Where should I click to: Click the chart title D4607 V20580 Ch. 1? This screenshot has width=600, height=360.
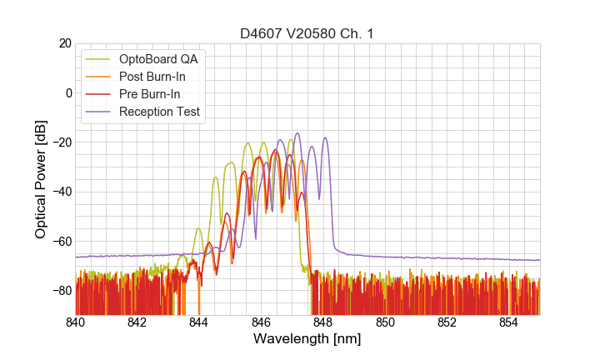[307, 34]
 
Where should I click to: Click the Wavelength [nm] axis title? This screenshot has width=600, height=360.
[307, 339]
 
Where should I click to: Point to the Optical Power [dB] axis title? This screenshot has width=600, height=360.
[40, 179]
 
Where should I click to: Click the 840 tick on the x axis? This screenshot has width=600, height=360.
[76, 322]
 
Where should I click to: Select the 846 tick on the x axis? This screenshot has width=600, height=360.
[261, 322]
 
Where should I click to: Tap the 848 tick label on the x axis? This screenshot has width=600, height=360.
[323, 322]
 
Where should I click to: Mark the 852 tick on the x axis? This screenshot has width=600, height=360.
[447, 322]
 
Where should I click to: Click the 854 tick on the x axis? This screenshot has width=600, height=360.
[508, 322]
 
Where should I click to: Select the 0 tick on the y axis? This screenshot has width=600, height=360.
[68, 92]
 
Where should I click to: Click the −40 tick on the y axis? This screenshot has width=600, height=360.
[61, 192]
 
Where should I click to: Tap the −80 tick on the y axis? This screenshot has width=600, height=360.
[61, 291]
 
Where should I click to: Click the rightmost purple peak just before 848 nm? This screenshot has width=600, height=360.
[325, 138]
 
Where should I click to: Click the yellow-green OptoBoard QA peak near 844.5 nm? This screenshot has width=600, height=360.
[215, 177]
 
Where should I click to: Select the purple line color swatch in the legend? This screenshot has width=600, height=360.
[98, 112]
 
